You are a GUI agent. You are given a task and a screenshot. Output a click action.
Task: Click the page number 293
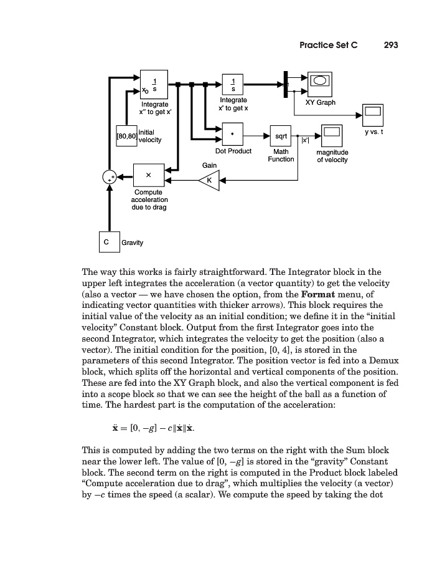(x=391, y=45)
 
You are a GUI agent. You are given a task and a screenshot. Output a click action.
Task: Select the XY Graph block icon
(x=320, y=84)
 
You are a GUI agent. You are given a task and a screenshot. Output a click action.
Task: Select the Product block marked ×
(x=149, y=175)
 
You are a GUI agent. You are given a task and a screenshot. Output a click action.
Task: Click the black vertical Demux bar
(x=285, y=84)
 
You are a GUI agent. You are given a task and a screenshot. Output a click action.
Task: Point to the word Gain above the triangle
(x=209, y=165)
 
